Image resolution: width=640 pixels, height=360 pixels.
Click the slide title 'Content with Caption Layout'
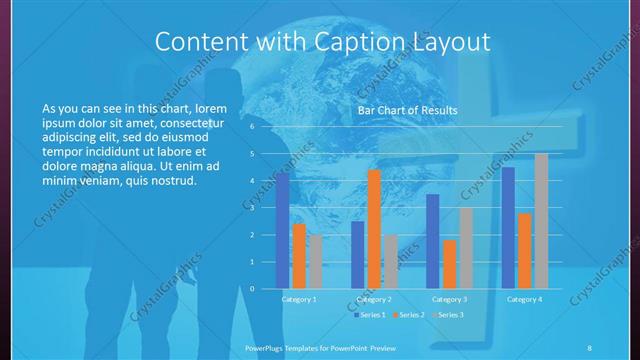point(324,41)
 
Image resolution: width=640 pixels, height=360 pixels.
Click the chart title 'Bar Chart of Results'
point(408,110)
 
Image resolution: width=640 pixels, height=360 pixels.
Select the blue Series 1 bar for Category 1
point(283,230)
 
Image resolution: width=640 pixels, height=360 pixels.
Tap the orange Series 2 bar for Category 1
point(299,256)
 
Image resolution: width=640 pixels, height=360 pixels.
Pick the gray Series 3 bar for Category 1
point(315,261)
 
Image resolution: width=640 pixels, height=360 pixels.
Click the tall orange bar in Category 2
point(374,229)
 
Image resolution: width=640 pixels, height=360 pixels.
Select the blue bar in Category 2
point(358,254)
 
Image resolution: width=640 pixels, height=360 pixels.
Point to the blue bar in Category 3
point(433,241)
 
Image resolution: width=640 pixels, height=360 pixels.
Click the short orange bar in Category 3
point(449,264)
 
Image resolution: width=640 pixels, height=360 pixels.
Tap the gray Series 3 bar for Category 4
point(541,221)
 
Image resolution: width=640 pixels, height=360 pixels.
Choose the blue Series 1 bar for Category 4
point(508,227)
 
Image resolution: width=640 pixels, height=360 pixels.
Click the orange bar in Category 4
point(524,250)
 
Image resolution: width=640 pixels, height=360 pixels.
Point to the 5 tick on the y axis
point(252,154)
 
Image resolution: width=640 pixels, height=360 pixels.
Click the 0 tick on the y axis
point(252,288)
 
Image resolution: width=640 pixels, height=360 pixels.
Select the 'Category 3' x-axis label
point(449,299)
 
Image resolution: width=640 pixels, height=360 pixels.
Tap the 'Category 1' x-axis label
point(299,299)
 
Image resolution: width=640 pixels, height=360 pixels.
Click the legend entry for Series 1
point(371,315)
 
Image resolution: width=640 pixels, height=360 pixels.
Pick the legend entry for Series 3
point(448,315)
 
